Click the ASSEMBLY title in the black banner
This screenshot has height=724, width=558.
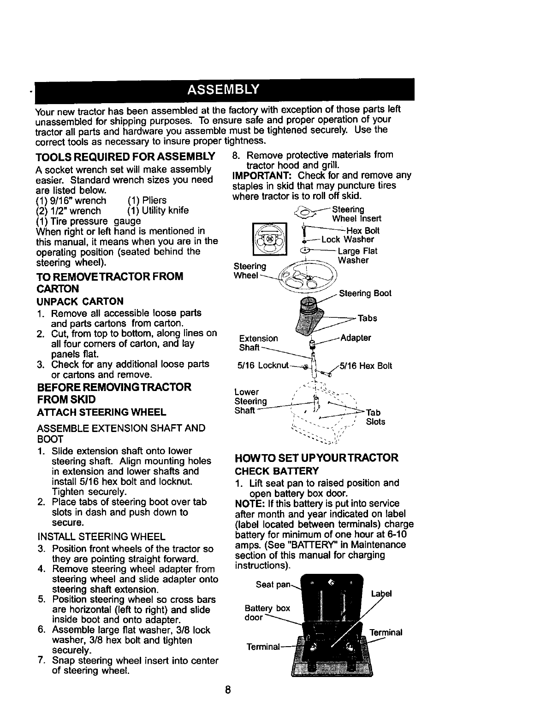[223, 89]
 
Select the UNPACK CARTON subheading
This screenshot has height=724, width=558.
[80, 301]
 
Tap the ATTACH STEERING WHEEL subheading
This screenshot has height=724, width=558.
[101, 412]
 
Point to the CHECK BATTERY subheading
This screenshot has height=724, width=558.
[277, 471]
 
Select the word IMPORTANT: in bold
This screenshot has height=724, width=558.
[263, 175]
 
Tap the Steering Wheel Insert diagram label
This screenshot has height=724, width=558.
[356, 214]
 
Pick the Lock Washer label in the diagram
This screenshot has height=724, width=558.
[348, 239]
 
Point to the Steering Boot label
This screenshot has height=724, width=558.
[365, 293]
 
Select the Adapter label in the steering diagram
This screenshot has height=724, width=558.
[356, 338]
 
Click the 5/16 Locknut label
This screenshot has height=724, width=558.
[263, 366]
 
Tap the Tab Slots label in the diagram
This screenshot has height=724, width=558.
[375, 417]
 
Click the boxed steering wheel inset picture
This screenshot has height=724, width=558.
[268, 239]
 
